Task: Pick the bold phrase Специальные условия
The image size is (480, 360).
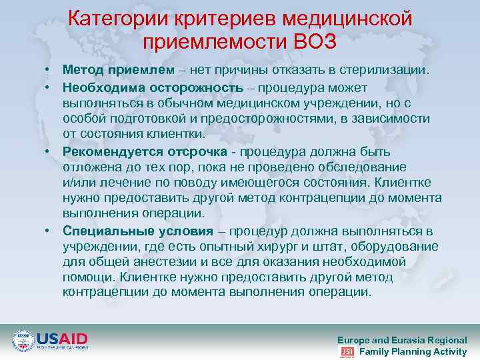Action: click(138, 231)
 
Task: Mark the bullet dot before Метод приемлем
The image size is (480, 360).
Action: click(49, 70)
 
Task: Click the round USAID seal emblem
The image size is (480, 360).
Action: click(23, 341)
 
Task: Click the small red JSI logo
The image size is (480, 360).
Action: click(347, 351)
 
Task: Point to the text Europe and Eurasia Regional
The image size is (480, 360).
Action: click(402, 339)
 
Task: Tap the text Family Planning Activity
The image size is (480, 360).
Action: click(413, 351)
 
